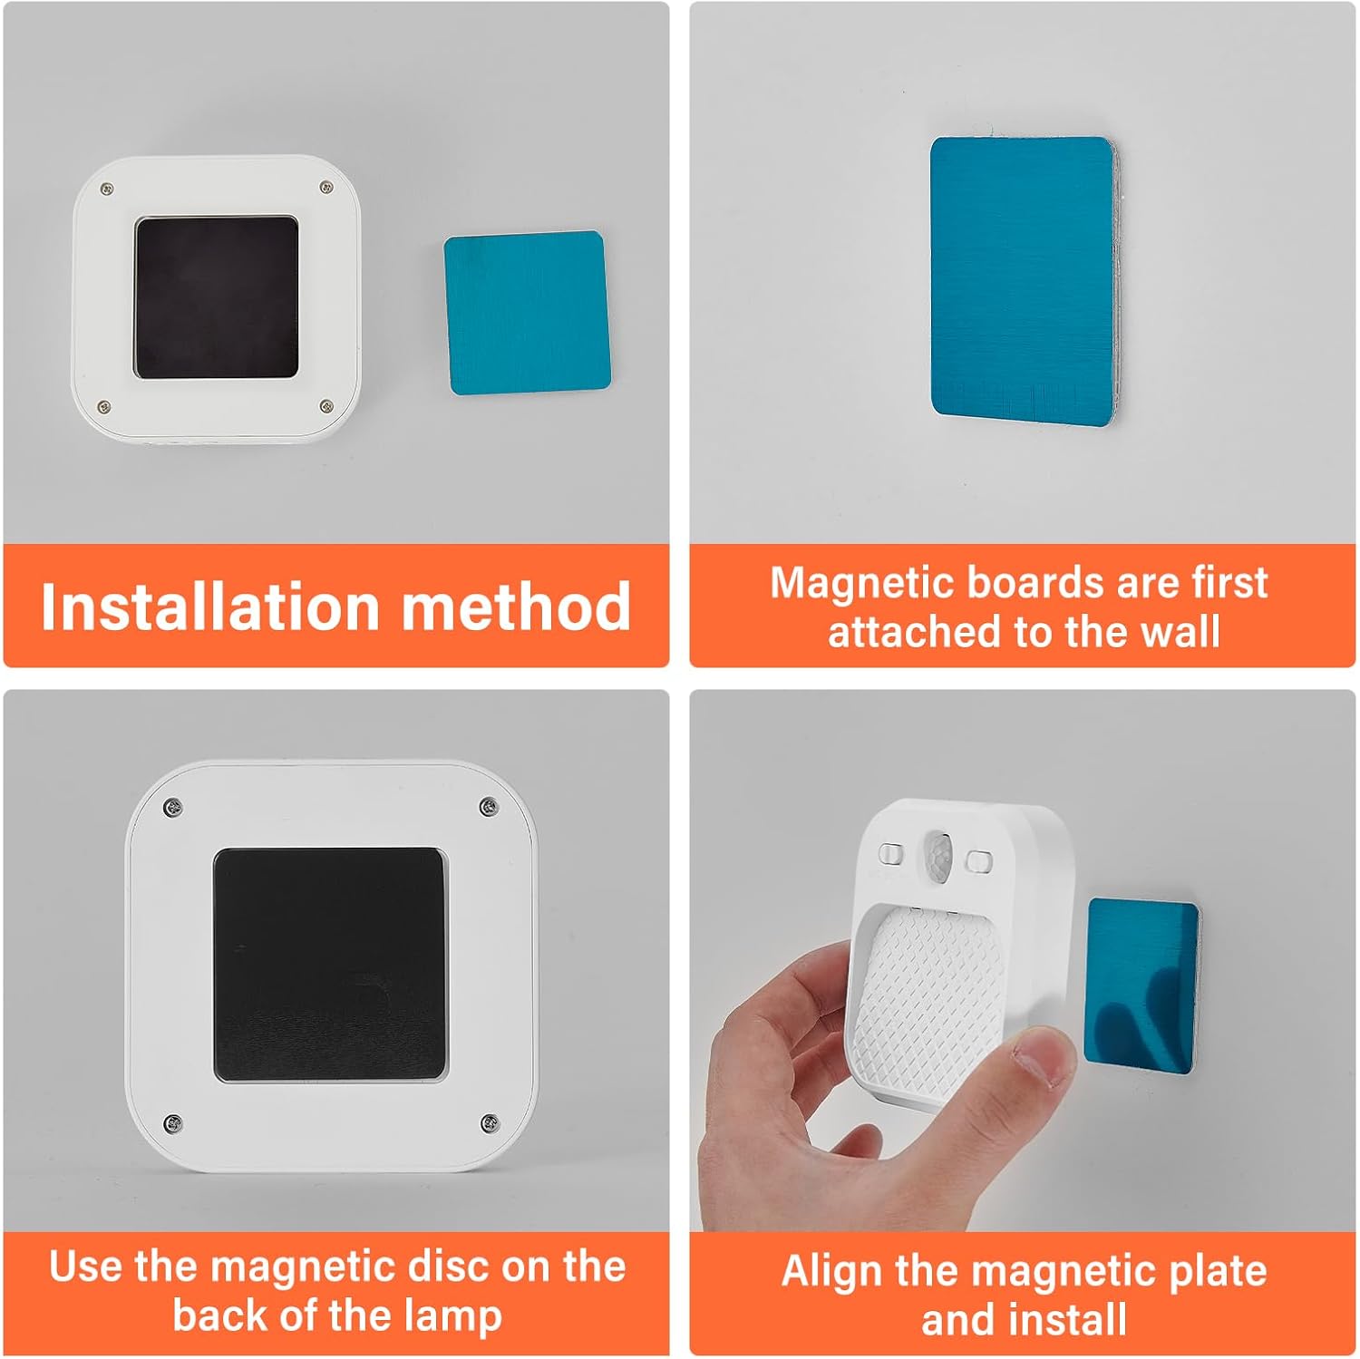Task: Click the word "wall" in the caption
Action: (1180, 631)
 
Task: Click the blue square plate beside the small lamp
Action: (527, 313)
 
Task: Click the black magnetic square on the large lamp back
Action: (330, 965)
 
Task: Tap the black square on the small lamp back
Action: (217, 297)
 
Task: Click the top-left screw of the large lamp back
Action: (172, 806)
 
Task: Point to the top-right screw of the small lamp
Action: (326, 188)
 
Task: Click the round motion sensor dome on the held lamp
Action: (940, 854)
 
